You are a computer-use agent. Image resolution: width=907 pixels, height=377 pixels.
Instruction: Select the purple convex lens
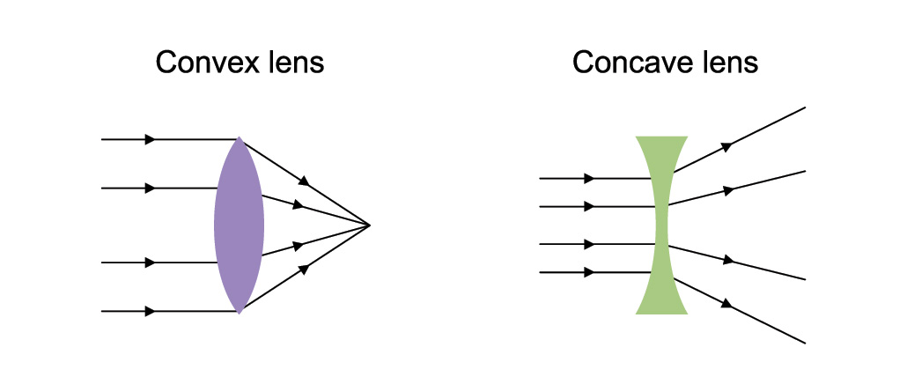pyautogui.click(x=239, y=225)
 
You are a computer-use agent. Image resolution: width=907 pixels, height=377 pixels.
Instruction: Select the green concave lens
pyautogui.click(x=661, y=225)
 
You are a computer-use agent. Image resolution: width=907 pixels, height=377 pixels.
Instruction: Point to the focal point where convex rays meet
pyautogui.click(x=370, y=225)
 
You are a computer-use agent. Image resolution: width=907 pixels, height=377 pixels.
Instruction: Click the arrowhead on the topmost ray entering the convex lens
pyautogui.click(x=151, y=139)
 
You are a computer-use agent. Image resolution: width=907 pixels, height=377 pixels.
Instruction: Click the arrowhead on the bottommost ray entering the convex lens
pyautogui.click(x=151, y=311)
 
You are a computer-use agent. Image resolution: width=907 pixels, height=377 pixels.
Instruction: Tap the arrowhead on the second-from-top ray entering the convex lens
pyautogui.click(x=151, y=188)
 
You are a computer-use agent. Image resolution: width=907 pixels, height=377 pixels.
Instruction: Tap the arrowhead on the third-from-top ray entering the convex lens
pyautogui.click(x=151, y=262)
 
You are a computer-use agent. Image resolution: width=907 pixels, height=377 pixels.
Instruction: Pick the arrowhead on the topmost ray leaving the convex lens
pyautogui.click(x=304, y=182)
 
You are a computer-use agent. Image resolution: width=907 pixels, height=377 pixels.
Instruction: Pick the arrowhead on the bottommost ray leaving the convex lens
pyautogui.click(x=304, y=268)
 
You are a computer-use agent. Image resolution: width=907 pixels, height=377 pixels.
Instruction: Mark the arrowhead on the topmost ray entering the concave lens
pyautogui.click(x=588, y=178)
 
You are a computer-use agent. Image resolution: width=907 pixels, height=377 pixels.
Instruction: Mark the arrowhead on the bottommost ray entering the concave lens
pyautogui.click(x=588, y=272)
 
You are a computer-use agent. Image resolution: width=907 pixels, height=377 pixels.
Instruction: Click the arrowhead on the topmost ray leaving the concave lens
pyautogui.click(x=726, y=147)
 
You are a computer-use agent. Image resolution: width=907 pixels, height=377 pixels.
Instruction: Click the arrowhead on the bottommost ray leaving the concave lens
pyautogui.click(x=726, y=304)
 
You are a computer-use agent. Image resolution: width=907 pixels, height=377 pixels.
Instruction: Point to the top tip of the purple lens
pyautogui.click(x=239, y=138)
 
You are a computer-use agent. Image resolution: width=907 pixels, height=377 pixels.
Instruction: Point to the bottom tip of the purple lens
pyautogui.click(x=239, y=312)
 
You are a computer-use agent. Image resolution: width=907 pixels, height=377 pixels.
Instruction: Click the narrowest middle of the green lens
pyautogui.click(x=661, y=225)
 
